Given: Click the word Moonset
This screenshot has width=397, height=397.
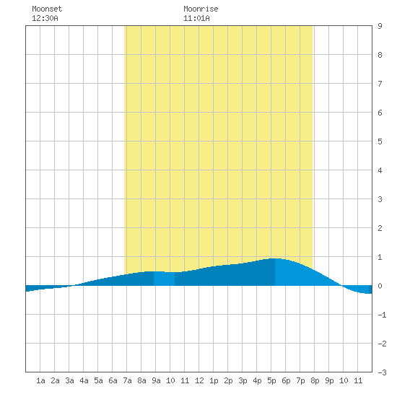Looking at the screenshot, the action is coord(47,9).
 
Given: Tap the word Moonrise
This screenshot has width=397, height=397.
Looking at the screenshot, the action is coord(201,9).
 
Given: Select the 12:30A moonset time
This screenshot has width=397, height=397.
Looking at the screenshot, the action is coord(45,18).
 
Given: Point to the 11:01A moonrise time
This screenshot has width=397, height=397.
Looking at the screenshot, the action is coord(196,18).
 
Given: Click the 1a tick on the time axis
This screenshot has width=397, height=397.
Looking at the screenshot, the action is coord(40,380).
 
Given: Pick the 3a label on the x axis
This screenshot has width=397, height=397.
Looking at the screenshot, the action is coord(69,380).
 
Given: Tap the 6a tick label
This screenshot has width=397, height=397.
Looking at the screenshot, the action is coord(113,380).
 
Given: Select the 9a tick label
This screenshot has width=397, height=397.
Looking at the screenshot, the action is coord(156,380).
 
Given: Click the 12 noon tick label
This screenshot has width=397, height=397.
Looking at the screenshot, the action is coord(199,380).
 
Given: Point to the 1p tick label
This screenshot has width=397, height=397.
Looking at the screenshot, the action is coord(214,380).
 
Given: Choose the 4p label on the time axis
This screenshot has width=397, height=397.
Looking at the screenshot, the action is coord(257,380).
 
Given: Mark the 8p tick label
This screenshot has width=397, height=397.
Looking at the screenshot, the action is coord(315,380).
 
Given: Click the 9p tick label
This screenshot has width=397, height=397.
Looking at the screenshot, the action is coord(329,380).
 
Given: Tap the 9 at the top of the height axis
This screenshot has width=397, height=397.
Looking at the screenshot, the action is coord(380,26).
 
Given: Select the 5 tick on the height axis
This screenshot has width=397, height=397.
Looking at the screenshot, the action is coord(380,141).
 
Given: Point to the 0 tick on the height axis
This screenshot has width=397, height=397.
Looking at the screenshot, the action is coord(380,286).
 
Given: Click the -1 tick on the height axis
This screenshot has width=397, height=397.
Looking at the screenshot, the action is coord(382,315).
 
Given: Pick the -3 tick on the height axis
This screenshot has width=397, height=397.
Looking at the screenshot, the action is coord(382,372).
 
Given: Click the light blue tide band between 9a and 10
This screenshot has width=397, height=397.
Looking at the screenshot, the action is coord(164,279).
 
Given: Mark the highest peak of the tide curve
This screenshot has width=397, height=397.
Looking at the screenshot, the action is coord(276,258).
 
